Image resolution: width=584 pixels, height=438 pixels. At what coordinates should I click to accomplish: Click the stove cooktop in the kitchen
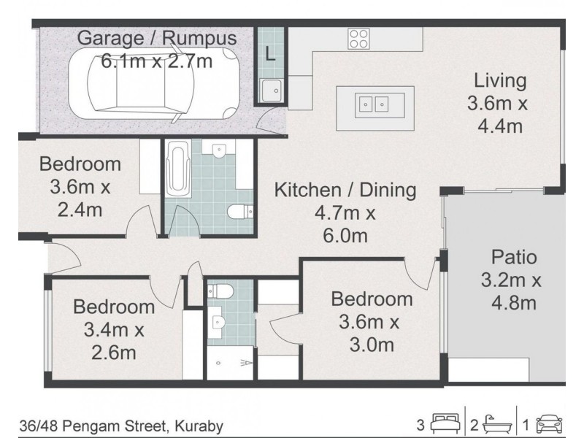click(358, 39)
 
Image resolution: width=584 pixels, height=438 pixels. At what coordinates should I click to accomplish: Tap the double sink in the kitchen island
click(374, 104)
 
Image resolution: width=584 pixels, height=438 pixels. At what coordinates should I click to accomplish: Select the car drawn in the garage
click(164, 84)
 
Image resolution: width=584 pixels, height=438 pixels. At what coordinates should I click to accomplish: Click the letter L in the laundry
click(270, 53)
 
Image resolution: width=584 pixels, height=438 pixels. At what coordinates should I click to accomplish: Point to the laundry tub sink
click(271, 91)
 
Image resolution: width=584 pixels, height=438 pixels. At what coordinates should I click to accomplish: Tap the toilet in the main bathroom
click(240, 212)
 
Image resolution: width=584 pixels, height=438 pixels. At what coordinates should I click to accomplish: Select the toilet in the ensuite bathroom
click(220, 291)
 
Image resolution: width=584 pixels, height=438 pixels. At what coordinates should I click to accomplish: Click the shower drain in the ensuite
click(218, 363)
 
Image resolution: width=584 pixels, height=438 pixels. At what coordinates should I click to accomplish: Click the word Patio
click(514, 258)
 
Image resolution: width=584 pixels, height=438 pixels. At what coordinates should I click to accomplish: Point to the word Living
click(500, 81)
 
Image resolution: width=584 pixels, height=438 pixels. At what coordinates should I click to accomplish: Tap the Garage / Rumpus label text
click(157, 38)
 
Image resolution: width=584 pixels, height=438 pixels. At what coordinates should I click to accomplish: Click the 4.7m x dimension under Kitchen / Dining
click(345, 213)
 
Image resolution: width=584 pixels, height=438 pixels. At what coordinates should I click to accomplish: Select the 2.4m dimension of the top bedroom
click(80, 210)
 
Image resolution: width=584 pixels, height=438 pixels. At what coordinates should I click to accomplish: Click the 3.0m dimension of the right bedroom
click(372, 345)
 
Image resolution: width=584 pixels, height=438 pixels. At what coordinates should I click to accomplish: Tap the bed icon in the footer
click(445, 423)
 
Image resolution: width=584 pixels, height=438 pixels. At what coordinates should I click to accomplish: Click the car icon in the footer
click(549, 423)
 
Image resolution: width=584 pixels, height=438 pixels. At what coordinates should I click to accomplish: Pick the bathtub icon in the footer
click(497, 423)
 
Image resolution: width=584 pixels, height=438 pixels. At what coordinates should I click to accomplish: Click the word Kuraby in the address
click(199, 426)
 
